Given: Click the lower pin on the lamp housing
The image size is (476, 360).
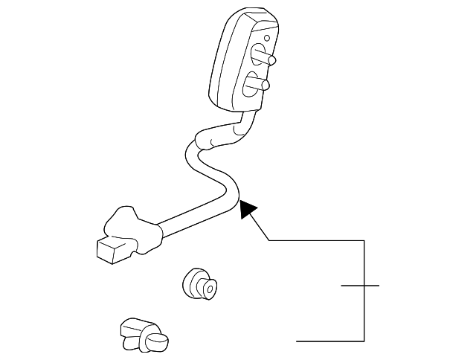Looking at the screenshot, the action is click(261, 86).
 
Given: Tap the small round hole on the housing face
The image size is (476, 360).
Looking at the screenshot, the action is click(267, 36).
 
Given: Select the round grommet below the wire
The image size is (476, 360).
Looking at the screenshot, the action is click(199, 284).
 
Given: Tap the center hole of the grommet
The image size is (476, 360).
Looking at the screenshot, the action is click(209, 288).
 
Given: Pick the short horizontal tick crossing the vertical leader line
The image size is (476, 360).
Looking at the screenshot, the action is click(360, 285).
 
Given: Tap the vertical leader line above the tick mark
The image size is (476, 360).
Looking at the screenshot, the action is click(364, 260).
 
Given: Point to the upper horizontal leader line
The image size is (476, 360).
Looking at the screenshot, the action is click(316, 240).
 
